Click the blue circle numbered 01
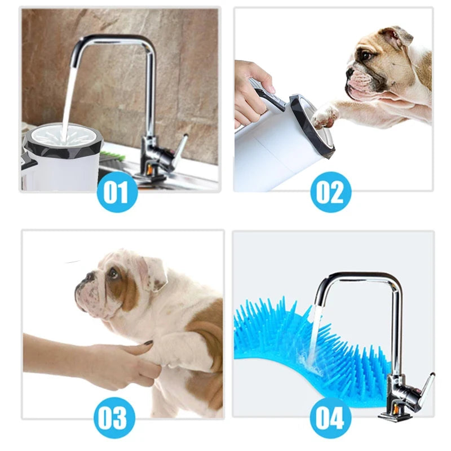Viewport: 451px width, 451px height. (x=116, y=192)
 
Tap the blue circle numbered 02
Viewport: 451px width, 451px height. (x=330, y=192)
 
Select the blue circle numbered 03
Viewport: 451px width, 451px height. (x=116, y=418)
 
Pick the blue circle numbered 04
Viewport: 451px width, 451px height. (x=330, y=418)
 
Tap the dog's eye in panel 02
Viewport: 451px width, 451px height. (x=366, y=55)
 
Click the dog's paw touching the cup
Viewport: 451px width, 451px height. (x=324, y=116)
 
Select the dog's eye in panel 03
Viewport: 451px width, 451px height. (x=113, y=273)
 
